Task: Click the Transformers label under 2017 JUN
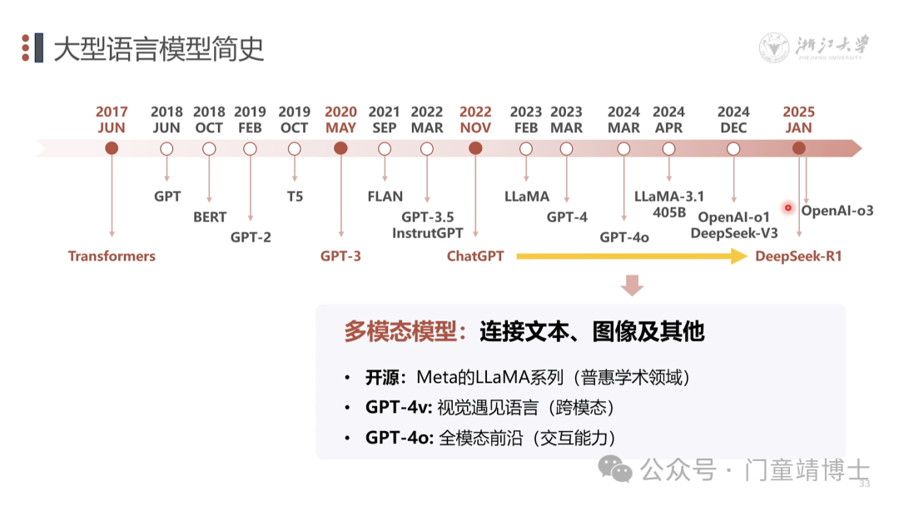(x=112, y=256)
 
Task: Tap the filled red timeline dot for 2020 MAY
(x=340, y=148)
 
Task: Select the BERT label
(x=209, y=217)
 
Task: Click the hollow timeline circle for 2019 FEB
(x=250, y=149)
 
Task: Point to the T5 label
(x=295, y=197)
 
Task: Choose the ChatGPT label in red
(x=475, y=256)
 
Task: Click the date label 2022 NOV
(x=475, y=120)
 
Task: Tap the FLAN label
(x=385, y=197)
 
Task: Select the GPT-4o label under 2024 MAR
(x=624, y=237)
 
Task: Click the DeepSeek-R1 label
(x=798, y=256)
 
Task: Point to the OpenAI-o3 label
(x=837, y=211)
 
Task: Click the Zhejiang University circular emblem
(x=774, y=48)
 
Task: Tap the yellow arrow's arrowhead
(x=738, y=256)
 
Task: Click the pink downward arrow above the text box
(x=633, y=286)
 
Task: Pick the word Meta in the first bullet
(x=435, y=378)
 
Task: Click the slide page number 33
(x=864, y=484)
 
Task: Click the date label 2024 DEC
(x=733, y=120)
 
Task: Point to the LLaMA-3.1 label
(x=669, y=197)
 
